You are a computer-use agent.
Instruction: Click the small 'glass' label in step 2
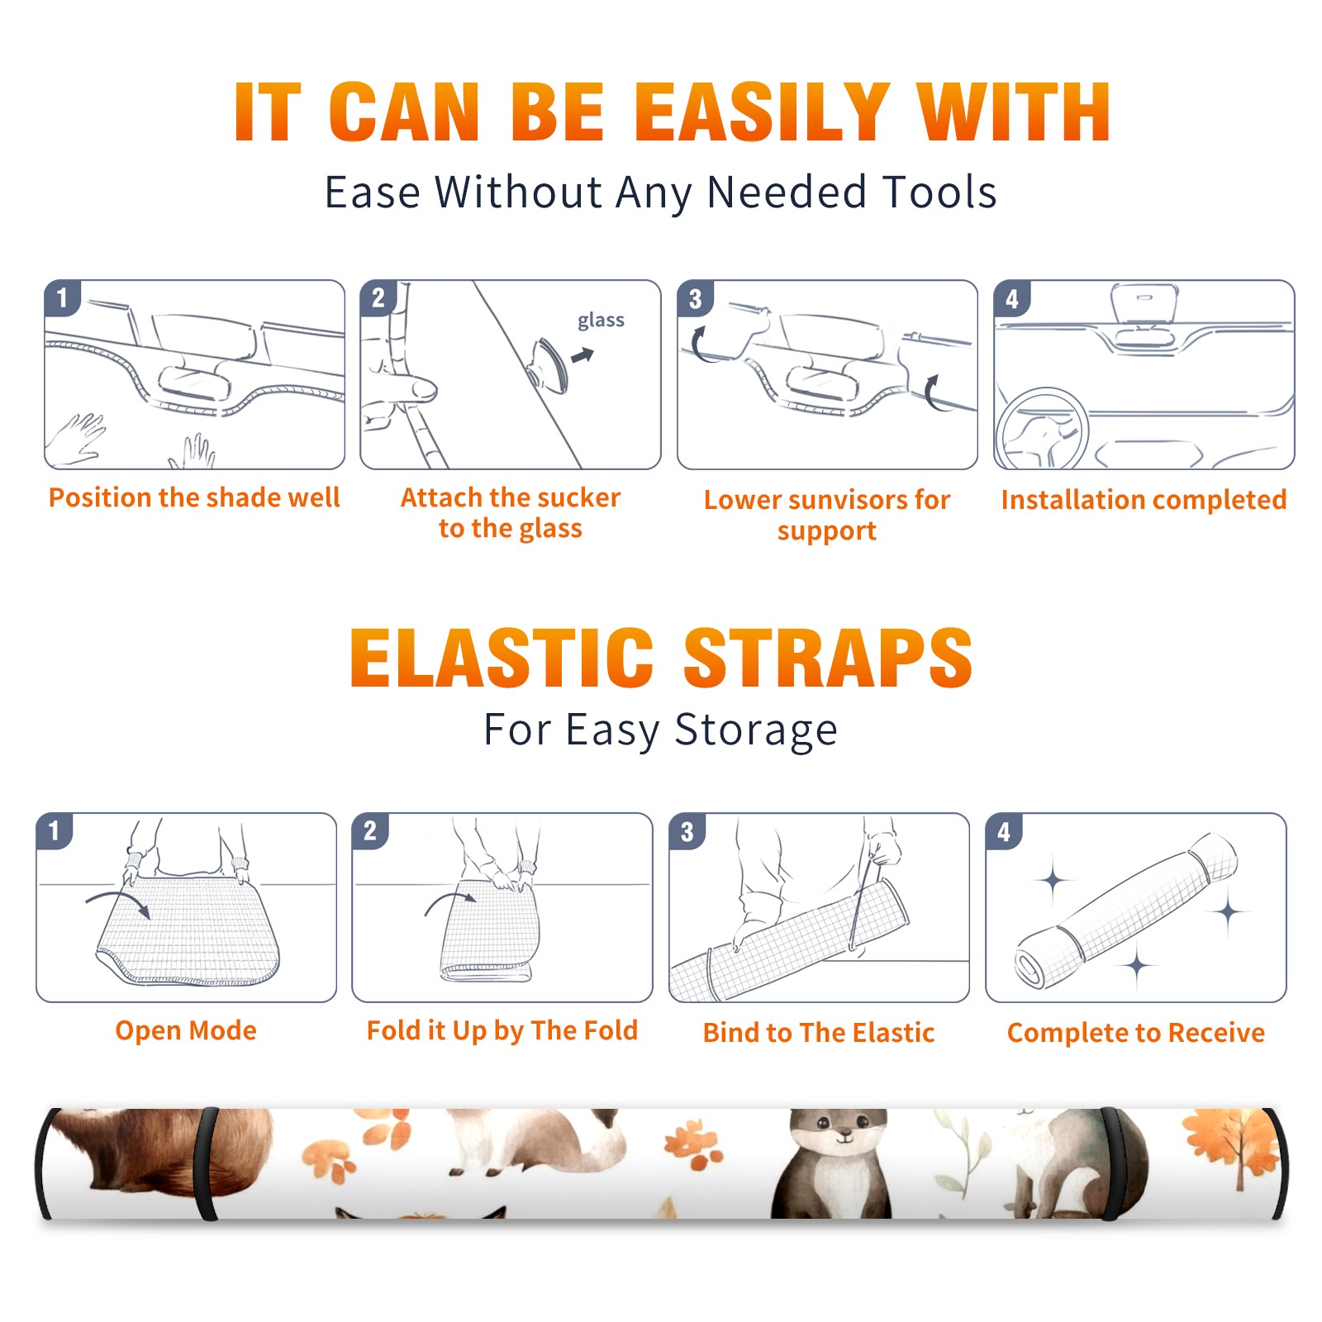[x=601, y=321]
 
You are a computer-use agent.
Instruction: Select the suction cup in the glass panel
[x=548, y=364]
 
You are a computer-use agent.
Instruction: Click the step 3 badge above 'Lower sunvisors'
[x=695, y=298]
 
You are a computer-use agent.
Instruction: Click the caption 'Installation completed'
[x=1144, y=500]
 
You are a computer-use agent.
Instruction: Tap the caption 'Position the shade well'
[x=194, y=497]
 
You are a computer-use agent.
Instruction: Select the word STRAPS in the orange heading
[x=828, y=658]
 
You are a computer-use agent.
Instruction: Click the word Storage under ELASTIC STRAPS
[x=756, y=730]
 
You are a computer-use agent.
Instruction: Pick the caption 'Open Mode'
[x=186, y=1030]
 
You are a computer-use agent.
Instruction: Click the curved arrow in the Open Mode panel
[x=118, y=901]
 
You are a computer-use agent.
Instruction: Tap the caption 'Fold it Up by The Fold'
[x=502, y=1030]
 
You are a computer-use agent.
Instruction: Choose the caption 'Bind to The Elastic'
[x=819, y=1033]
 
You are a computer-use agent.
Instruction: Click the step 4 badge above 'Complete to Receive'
[x=1004, y=831]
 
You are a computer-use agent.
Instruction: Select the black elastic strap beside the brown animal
[x=207, y=1163]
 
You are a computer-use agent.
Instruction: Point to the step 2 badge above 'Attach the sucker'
[x=378, y=298]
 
